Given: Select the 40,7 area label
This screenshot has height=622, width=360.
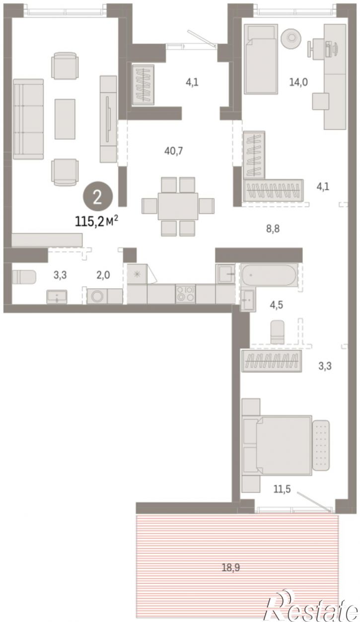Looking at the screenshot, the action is [x=173, y=151].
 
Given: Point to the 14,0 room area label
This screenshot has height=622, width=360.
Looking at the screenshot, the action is [x=298, y=82].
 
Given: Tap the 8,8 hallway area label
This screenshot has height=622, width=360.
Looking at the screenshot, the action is [x=273, y=229].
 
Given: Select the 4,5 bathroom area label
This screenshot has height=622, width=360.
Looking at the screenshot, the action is [x=277, y=305].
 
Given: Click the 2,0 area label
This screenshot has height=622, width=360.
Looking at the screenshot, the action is [x=103, y=275].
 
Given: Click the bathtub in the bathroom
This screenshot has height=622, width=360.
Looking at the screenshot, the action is [x=269, y=275].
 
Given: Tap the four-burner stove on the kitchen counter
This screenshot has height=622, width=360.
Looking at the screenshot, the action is [x=185, y=294].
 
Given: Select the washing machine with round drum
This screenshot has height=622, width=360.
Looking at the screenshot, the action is [x=97, y=296].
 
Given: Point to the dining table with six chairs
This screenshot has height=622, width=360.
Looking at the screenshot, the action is [x=178, y=206].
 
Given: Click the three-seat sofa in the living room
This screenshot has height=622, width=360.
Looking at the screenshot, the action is [x=28, y=119].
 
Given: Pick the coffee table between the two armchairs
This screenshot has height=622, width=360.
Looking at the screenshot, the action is [x=65, y=119].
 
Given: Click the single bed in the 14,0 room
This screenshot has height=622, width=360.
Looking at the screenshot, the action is [x=261, y=59].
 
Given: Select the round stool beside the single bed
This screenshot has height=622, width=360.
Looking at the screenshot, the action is [x=291, y=37].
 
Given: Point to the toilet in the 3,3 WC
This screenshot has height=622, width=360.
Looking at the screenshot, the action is [x=24, y=277].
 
